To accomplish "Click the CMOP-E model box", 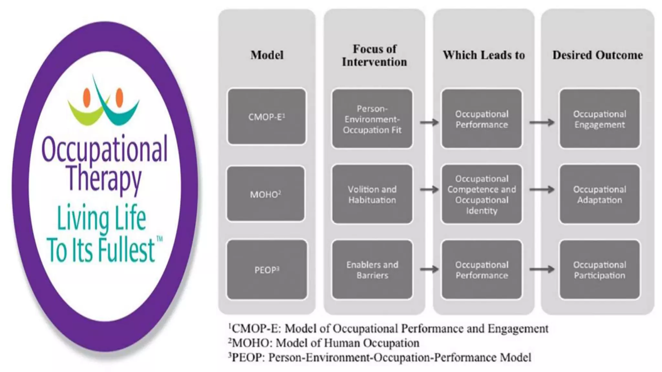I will (x=266, y=117).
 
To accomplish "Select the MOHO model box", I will (x=265, y=194).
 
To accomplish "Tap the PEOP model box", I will (x=267, y=270).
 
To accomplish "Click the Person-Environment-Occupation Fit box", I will (x=372, y=119).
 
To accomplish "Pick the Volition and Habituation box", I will (x=372, y=194).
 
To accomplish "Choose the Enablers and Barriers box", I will (x=372, y=270).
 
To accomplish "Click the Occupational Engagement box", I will (x=600, y=119).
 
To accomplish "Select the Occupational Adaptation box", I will (x=600, y=194).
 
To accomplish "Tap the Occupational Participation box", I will (x=600, y=270).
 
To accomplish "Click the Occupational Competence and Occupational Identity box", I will (x=482, y=194).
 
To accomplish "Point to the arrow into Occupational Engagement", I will (x=542, y=122).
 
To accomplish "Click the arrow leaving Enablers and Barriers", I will (x=429, y=269).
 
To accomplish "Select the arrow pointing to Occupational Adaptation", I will (x=542, y=190).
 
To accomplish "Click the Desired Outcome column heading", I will (x=597, y=55).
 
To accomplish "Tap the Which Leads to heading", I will (x=484, y=55).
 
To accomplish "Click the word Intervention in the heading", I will (x=374, y=62).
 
